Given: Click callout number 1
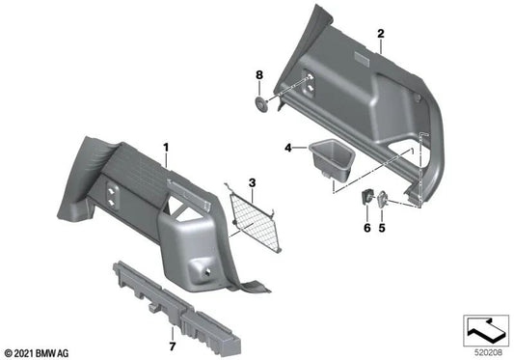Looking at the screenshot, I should [166, 148].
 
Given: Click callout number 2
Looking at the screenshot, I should [381, 34].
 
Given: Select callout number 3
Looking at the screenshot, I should [251, 182].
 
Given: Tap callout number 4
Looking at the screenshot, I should [287, 148].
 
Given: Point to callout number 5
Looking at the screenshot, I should [381, 229].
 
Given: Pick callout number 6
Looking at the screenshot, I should [367, 229].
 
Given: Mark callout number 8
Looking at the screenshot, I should [258, 74].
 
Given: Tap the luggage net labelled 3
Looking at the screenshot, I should [256, 218].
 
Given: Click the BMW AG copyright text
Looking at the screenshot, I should [38, 351].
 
